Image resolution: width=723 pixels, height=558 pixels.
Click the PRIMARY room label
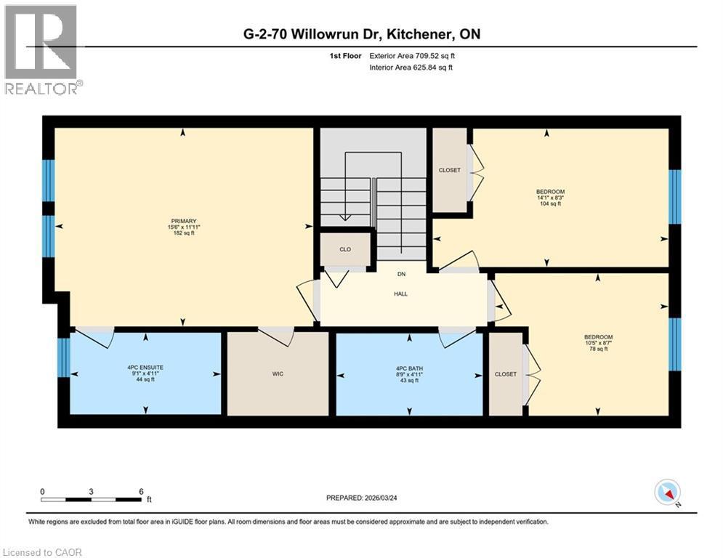[x=184, y=221]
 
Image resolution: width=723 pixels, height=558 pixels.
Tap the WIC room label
[x=278, y=374]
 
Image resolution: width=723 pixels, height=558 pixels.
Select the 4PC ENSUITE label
[x=145, y=368]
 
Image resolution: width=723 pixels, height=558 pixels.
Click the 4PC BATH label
[x=409, y=369]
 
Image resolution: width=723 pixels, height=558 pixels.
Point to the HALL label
[x=400, y=294]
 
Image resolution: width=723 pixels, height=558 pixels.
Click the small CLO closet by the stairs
[x=345, y=249]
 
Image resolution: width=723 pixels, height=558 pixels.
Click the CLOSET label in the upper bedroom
[x=449, y=170]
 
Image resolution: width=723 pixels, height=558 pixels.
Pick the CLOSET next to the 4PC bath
[x=505, y=374]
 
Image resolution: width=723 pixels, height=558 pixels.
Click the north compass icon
[x=666, y=493]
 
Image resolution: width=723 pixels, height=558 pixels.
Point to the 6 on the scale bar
[x=140, y=491]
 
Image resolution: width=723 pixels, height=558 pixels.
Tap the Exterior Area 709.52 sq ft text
[x=412, y=55]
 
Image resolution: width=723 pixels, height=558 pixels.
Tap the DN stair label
[x=400, y=275]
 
